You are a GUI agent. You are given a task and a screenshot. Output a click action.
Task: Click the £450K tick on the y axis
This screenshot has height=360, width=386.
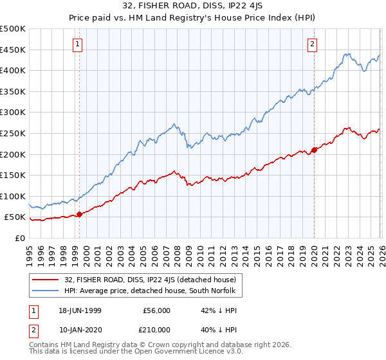(x=13, y=50)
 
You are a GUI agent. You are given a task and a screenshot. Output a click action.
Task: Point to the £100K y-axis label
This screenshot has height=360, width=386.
(x=13, y=196)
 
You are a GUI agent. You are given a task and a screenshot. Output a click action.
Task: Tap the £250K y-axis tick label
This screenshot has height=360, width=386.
(x=13, y=133)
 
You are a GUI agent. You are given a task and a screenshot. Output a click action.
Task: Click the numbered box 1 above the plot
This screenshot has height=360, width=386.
(x=77, y=44)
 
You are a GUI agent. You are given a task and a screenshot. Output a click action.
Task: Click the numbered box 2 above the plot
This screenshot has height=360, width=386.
(x=312, y=44)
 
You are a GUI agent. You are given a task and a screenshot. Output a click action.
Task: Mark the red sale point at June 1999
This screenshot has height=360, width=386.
(x=79, y=215)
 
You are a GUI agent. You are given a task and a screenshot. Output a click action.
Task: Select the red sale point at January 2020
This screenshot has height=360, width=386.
(x=314, y=150)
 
